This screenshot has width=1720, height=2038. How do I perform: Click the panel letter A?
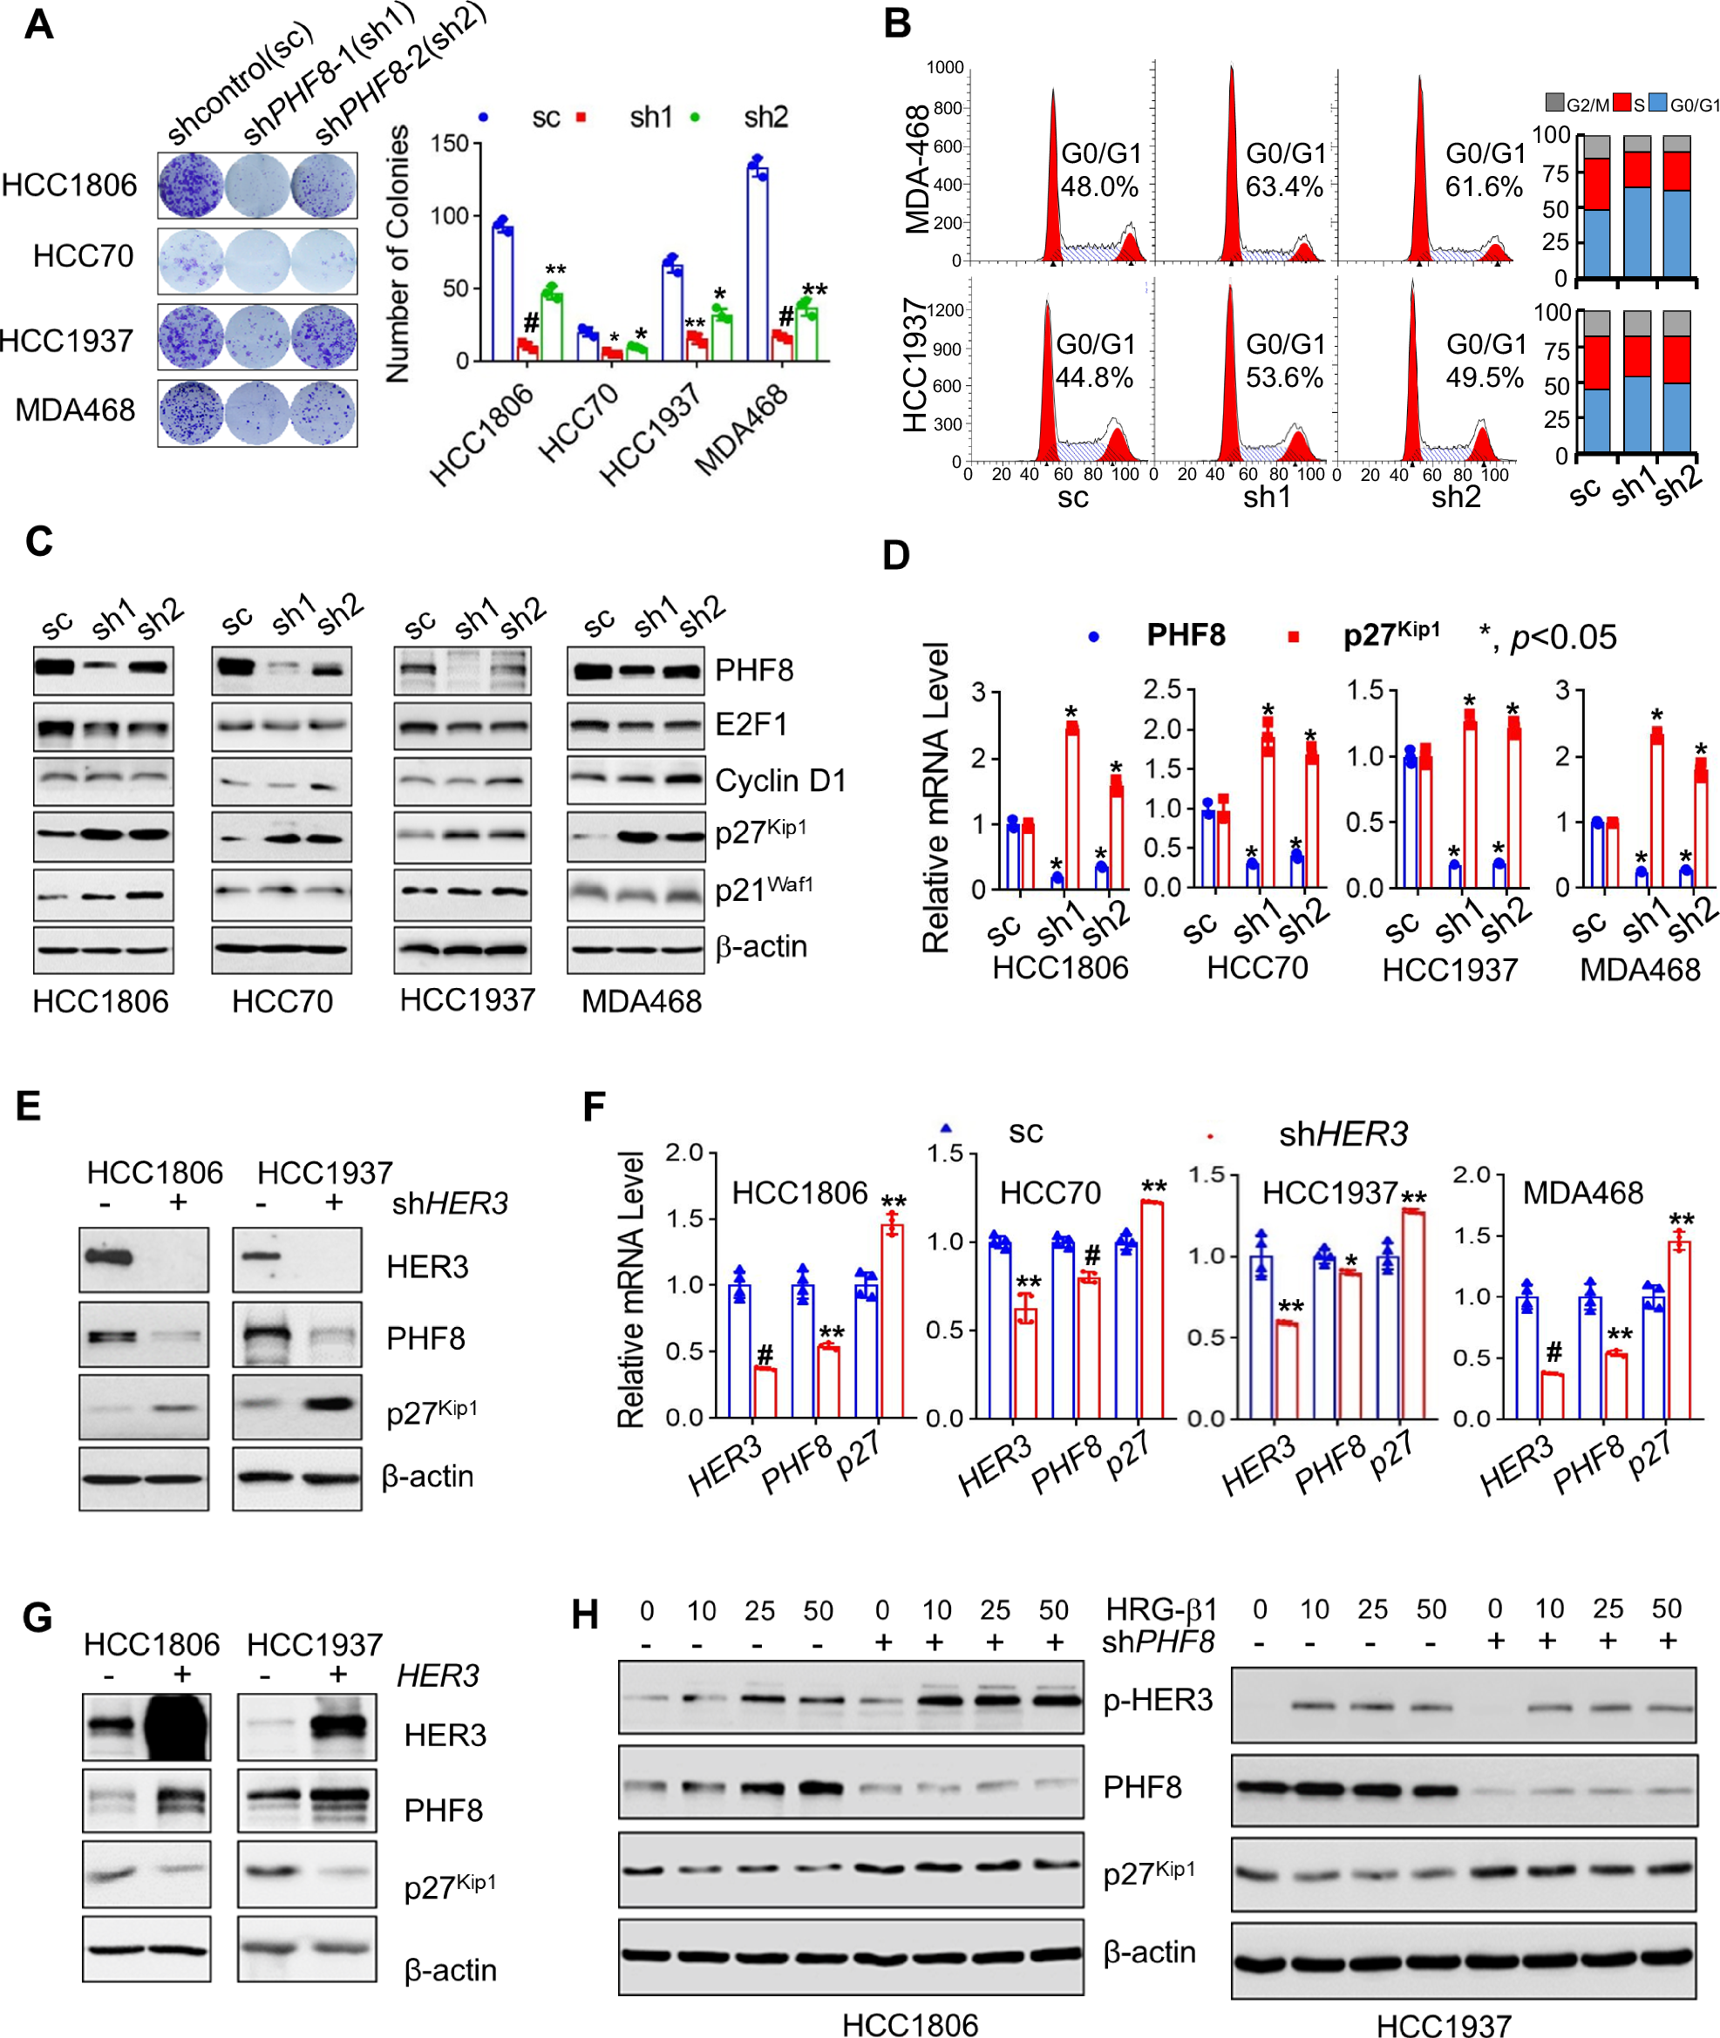point(38,24)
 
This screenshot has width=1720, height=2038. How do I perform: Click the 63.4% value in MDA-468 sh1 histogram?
point(1284,187)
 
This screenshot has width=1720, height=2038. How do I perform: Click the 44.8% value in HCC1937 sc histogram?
point(1094,377)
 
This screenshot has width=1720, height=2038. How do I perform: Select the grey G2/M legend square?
point(1555,102)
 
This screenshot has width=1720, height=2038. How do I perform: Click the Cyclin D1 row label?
point(780,781)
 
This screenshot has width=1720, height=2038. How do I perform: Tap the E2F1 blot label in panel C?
point(751,724)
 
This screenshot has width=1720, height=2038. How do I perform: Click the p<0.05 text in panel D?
point(1563,638)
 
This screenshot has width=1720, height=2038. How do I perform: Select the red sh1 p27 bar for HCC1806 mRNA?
point(1071,807)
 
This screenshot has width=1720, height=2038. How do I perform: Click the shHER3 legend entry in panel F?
point(1343,1134)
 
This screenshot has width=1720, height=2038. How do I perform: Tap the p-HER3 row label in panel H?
point(1158,1700)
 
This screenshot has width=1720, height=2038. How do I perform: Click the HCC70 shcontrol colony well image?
point(191,261)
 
